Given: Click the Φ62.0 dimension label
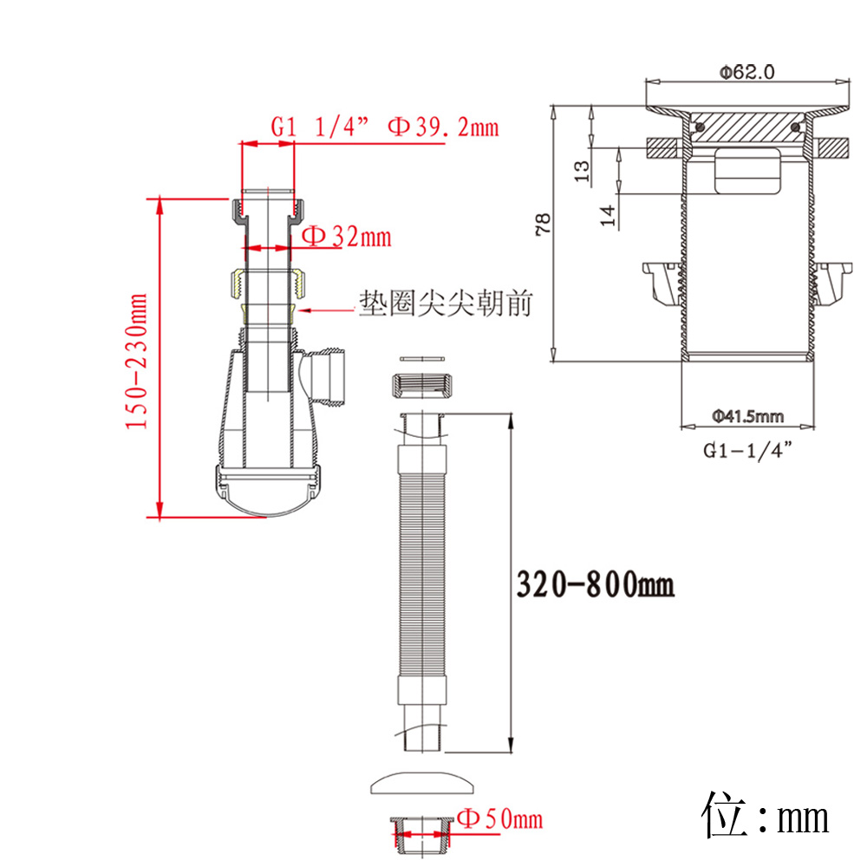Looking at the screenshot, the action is tap(746, 72).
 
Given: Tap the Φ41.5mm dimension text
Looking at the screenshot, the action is tap(747, 416).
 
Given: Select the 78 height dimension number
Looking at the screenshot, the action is tap(544, 224).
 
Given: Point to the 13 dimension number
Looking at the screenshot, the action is tap(582, 171).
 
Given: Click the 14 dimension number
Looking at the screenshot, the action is tap(608, 215).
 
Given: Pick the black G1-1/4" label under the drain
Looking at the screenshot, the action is tap(747, 450).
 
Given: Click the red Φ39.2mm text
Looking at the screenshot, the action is tap(443, 127).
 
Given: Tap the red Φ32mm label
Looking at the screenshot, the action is tap(347, 237).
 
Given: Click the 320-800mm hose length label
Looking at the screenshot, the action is tap(595, 583).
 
